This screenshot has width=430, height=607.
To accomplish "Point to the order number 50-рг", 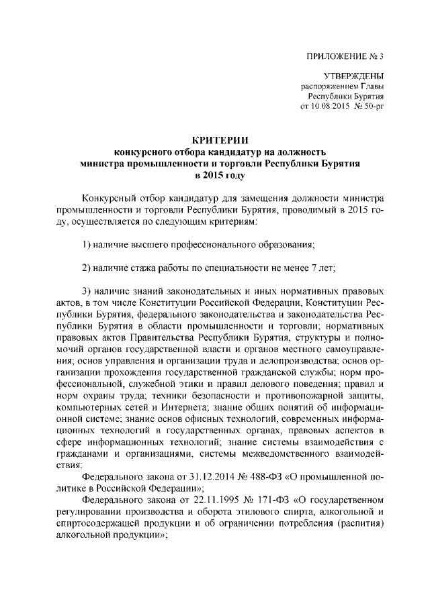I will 373,107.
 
